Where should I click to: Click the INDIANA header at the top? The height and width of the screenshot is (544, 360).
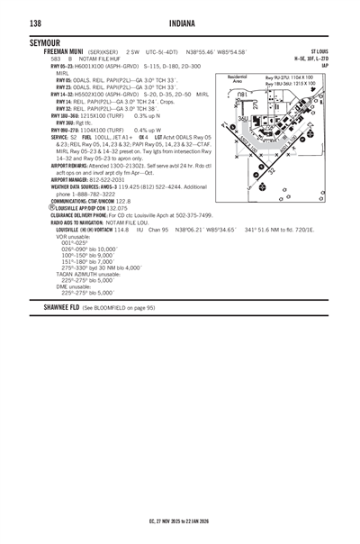[x=181, y=23]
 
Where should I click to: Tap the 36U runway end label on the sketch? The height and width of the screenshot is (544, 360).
[x=243, y=119]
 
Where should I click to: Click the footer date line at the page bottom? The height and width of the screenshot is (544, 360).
[x=180, y=521]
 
